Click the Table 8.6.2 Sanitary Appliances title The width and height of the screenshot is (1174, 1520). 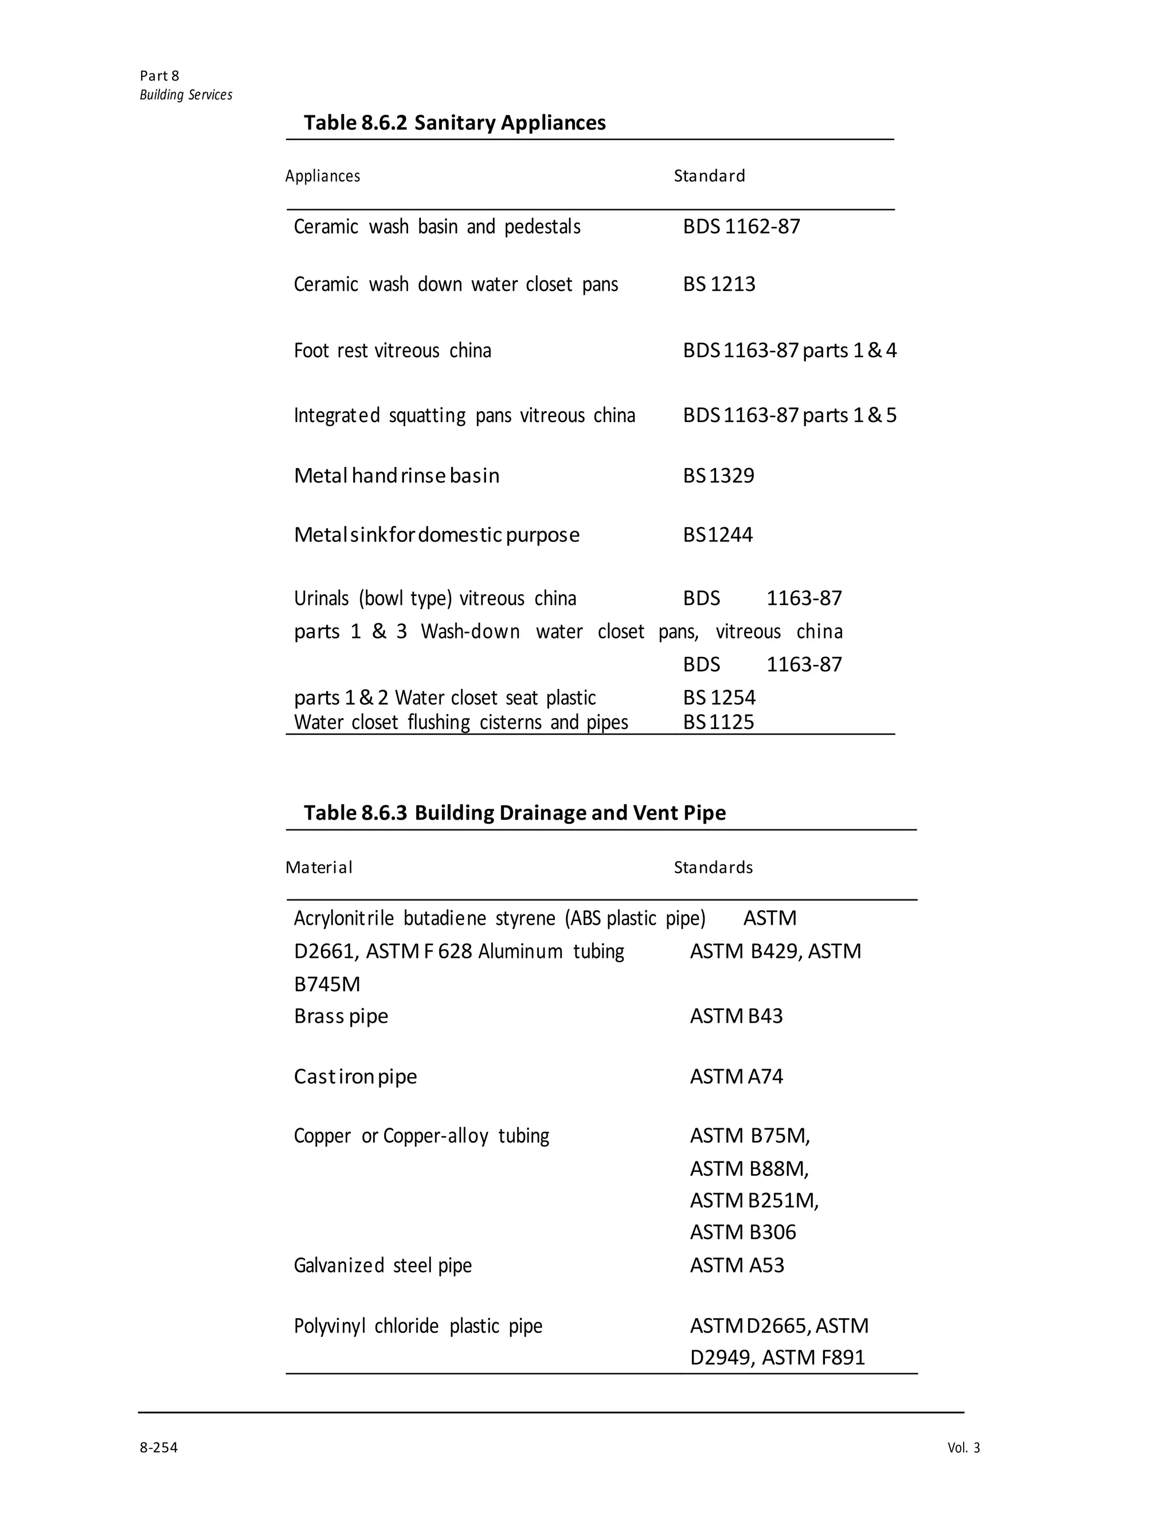(x=454, y=123)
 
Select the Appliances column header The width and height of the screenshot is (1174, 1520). (x=323, y=176)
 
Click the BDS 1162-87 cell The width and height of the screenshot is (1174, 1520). (x=741, y=227)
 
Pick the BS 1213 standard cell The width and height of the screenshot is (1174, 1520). (x=719, y=284)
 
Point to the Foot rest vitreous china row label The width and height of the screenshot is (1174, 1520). (x=392, y=350)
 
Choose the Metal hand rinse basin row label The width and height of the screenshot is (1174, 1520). (x=397, y=476)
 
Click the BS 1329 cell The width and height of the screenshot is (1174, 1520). (x=718, y=476)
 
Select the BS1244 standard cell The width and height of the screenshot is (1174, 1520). (x=718, y=535)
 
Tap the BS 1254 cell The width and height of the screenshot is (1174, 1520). (x=719, y=697)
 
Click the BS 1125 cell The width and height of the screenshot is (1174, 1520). (x=718, y=722)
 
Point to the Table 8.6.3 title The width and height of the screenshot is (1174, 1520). (x=515, y=813)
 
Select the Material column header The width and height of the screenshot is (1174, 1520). (x=319, y=868)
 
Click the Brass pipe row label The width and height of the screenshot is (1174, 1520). (x=341, y=1017)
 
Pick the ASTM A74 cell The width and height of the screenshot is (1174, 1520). (x=737, y=1077)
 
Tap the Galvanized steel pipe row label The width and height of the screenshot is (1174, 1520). (x=382, y=1265)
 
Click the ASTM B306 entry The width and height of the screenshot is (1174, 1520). (x=743, y=1233)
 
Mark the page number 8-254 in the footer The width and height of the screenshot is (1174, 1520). (x=159, y=1448)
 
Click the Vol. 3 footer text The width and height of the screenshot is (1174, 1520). (x=963, y=1448)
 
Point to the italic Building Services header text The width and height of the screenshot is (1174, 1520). (x=186, y=95)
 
